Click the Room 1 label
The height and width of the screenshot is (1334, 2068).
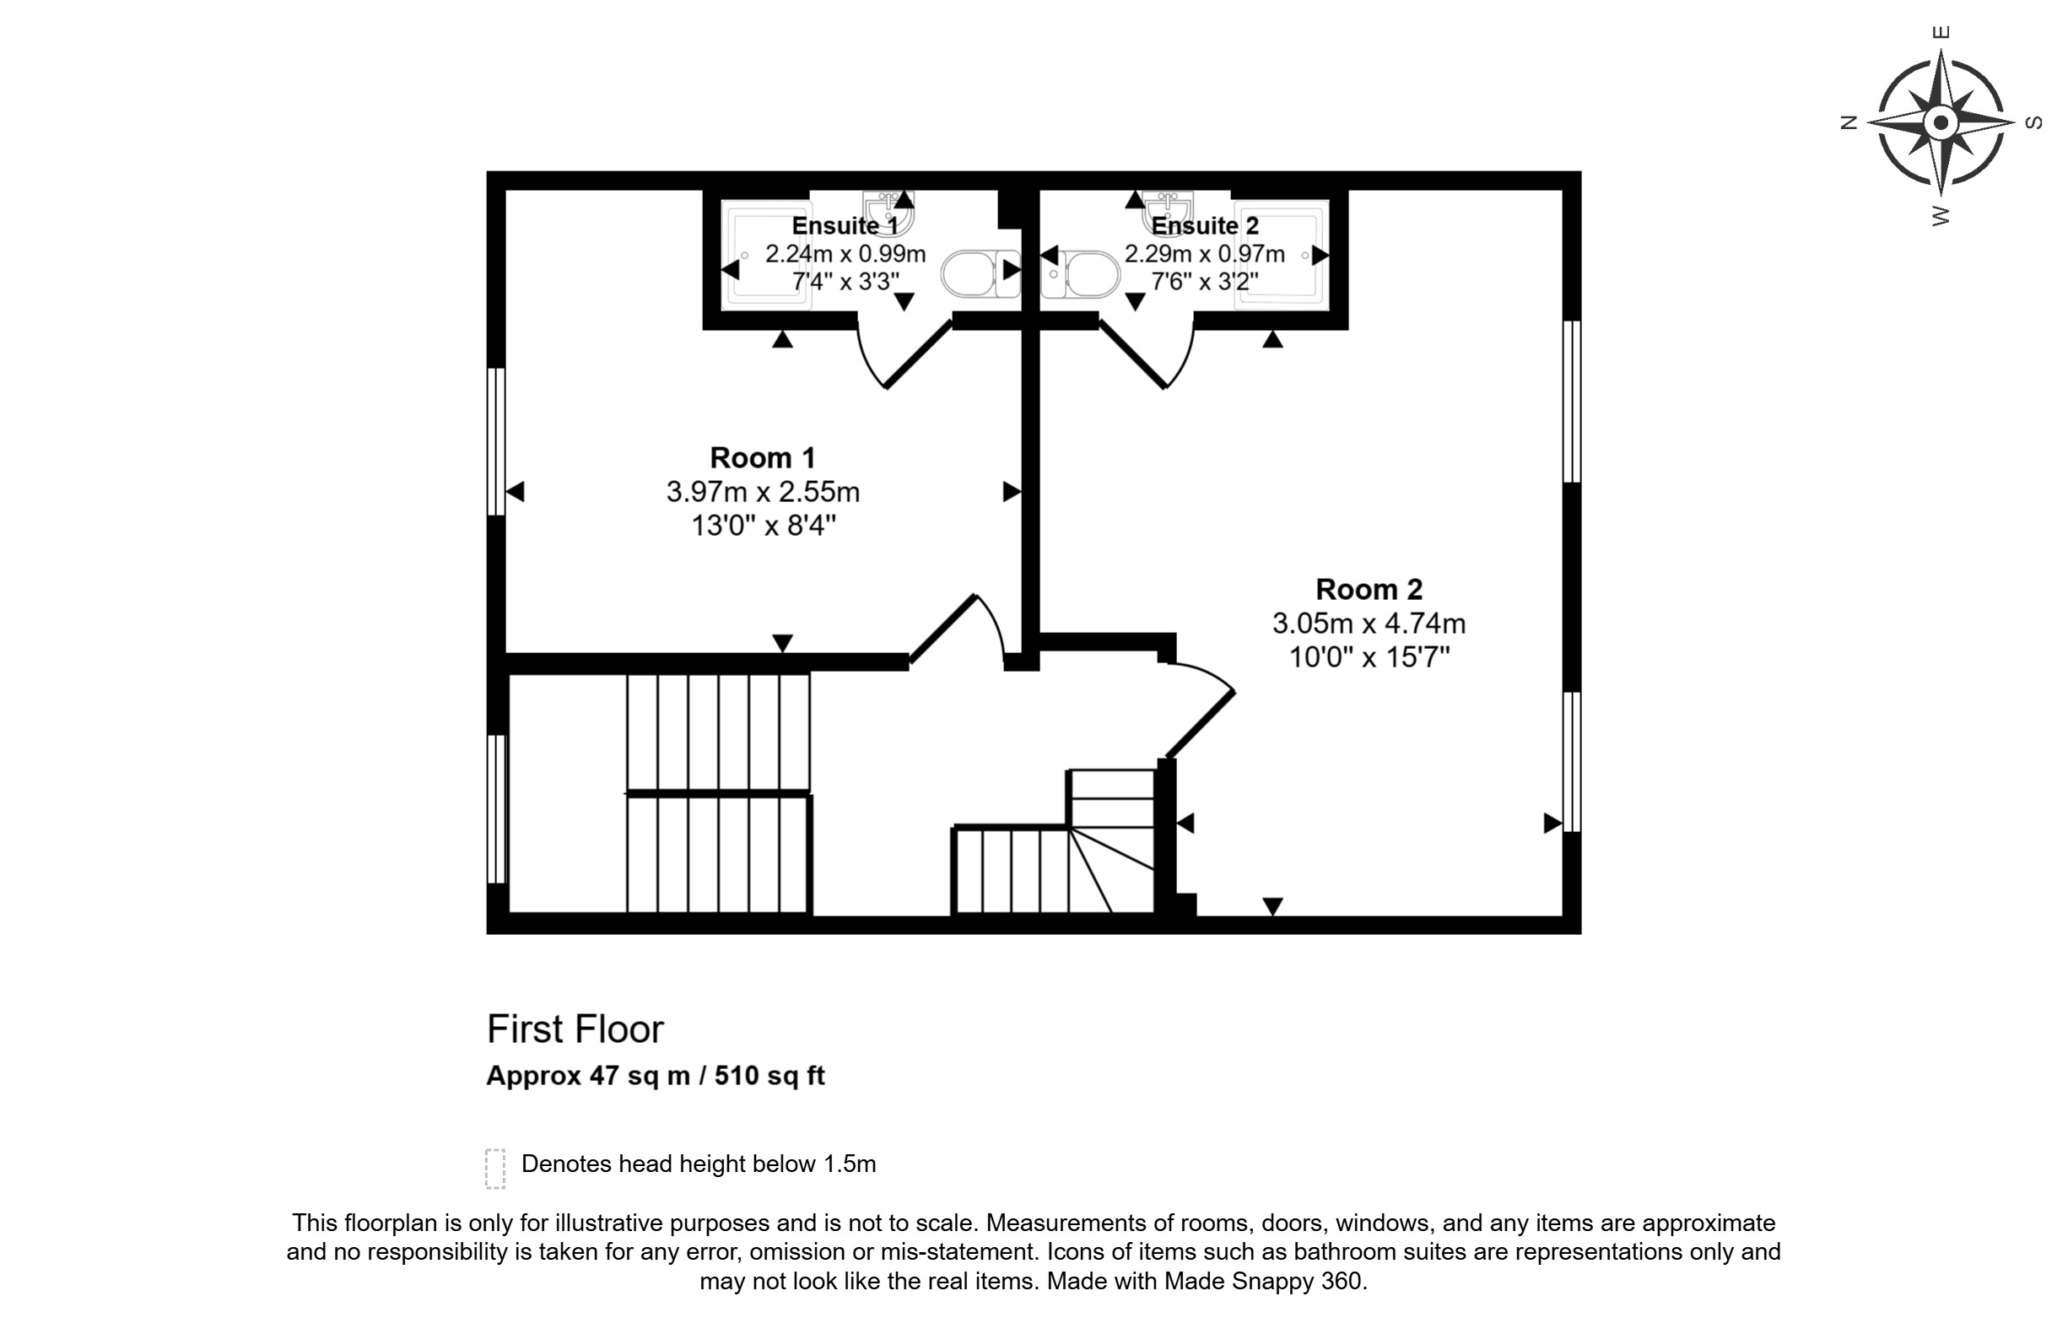point(762,457)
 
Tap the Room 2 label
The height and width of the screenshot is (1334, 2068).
point(1369,589)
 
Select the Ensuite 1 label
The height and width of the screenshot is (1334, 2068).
point(845,225)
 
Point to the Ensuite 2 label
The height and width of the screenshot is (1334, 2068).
point(1205,225)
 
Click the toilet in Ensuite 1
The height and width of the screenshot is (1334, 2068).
point(981,273)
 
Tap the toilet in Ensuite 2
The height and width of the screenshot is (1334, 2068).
point(1080,273)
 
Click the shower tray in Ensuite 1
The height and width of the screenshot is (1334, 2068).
point(768,255)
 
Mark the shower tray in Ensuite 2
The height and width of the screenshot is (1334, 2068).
point(1282,255)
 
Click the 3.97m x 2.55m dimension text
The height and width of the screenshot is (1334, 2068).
point(762,492)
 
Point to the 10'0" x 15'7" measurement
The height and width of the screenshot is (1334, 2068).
point(1369,657)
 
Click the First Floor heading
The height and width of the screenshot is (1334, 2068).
point(575,1029)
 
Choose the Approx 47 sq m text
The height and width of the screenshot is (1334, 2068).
point(588,1076)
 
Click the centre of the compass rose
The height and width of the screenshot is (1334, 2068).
point(1941,122)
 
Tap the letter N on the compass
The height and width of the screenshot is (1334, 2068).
point(1849,122)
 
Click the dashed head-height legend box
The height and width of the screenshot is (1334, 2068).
point(495,1169)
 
